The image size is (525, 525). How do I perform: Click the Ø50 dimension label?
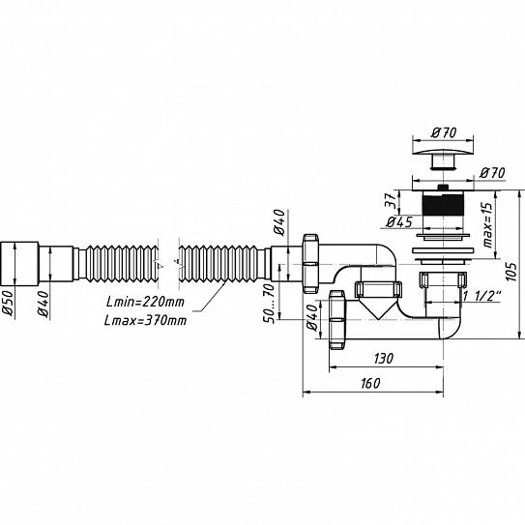(9, 303)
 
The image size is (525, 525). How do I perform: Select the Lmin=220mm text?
(145, 302)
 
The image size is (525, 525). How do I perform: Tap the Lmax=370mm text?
(145, 321)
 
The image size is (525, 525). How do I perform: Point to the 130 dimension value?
(384, 359)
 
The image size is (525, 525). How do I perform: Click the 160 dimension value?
(370, 384)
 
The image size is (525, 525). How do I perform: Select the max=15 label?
(488, 224)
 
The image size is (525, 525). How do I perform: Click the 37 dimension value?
(392, 201)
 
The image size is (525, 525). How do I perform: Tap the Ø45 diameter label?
(399, 221)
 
